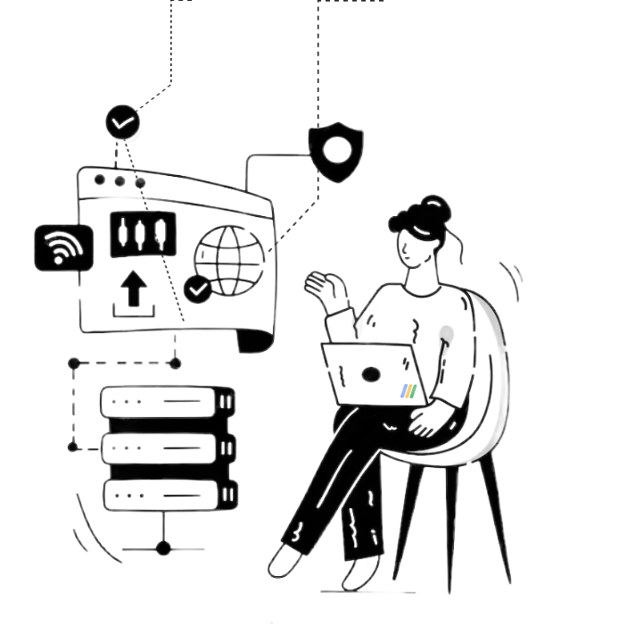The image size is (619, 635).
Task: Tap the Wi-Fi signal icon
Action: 62,247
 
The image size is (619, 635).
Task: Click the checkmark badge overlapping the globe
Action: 198,288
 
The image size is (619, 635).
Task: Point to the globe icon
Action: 229,259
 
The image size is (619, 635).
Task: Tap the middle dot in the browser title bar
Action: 120,181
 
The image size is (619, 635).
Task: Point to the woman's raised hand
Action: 320,287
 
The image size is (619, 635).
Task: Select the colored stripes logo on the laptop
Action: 409,390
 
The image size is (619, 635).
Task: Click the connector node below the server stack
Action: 163,547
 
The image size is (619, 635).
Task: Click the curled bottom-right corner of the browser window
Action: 259,340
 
